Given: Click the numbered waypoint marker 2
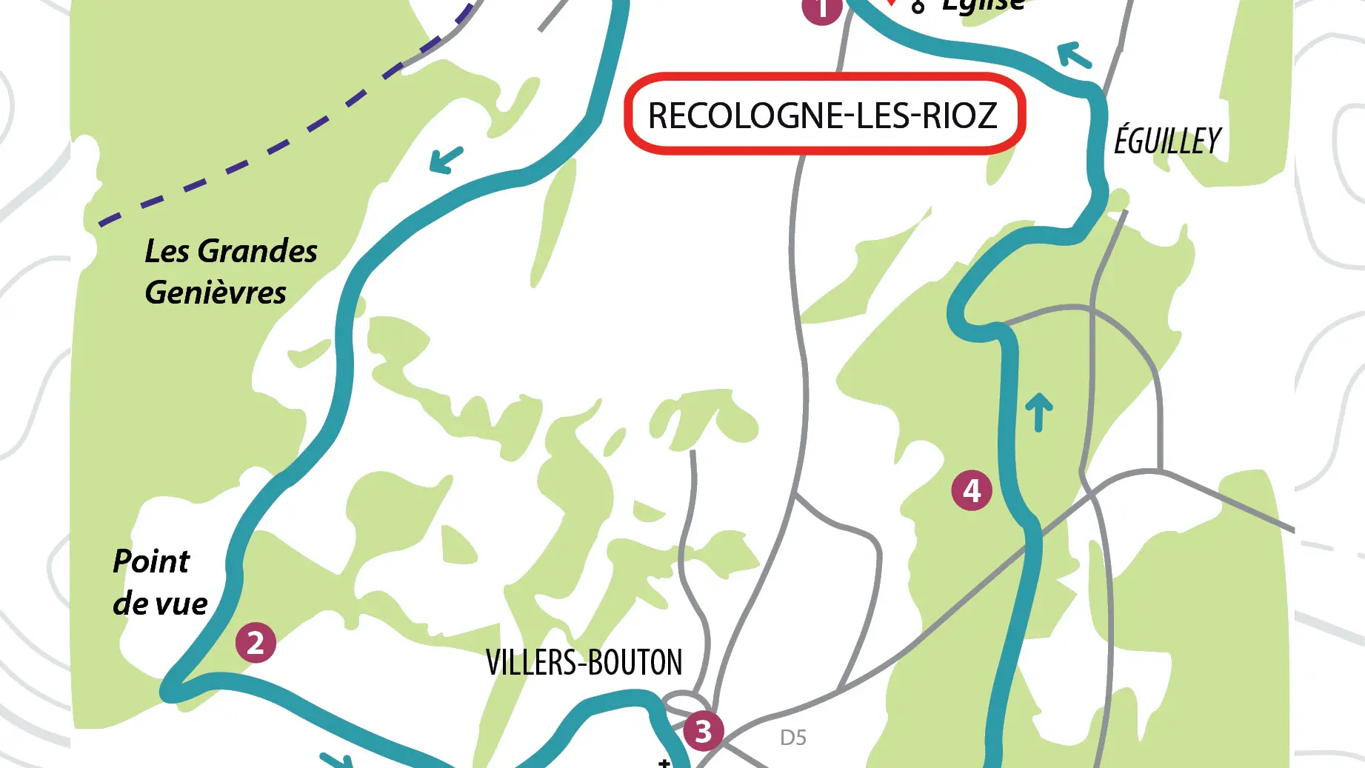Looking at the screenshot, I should [x=256, y=643].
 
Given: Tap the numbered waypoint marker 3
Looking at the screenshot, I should [x=703, y=731].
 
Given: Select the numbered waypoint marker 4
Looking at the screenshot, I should [x=972, y=490].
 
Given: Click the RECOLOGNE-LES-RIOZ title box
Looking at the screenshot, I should [x=824, y=115].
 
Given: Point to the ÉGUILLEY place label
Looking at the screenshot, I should [x=1168, y=141].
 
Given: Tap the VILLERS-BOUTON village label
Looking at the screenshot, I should [x=584, y=662].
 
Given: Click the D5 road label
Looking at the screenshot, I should [x=793, y=738].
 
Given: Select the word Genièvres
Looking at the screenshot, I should [x=216, y=293].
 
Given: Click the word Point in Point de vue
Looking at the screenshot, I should [x=151, y=561].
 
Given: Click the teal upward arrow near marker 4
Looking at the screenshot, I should [x=1038, y=411].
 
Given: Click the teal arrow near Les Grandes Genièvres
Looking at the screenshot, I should [x=447, y=159].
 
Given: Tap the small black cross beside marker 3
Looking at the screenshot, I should [x=664, y=762].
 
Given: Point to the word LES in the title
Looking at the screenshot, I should [x=881, y=116].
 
